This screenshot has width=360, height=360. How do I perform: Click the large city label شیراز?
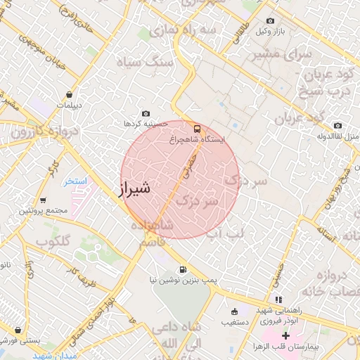[131, 188]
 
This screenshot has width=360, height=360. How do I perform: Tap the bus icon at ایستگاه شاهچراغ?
[196, 129]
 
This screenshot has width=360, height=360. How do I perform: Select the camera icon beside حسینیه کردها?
[146, 113]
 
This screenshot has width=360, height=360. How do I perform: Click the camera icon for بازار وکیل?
[271, 20]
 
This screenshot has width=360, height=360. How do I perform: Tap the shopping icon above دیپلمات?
[69, 94]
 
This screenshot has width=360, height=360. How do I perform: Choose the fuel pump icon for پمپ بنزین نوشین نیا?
[183, 269]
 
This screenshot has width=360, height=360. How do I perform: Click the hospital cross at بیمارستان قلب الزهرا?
[285, 336]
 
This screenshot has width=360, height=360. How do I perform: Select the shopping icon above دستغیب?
[234, 311]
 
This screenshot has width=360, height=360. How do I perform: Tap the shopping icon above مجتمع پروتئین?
[43, 200]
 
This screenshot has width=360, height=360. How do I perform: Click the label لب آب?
[225, 232]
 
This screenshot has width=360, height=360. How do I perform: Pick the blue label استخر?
[75, 181]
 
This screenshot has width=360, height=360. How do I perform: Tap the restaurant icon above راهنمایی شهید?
[278, 299]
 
